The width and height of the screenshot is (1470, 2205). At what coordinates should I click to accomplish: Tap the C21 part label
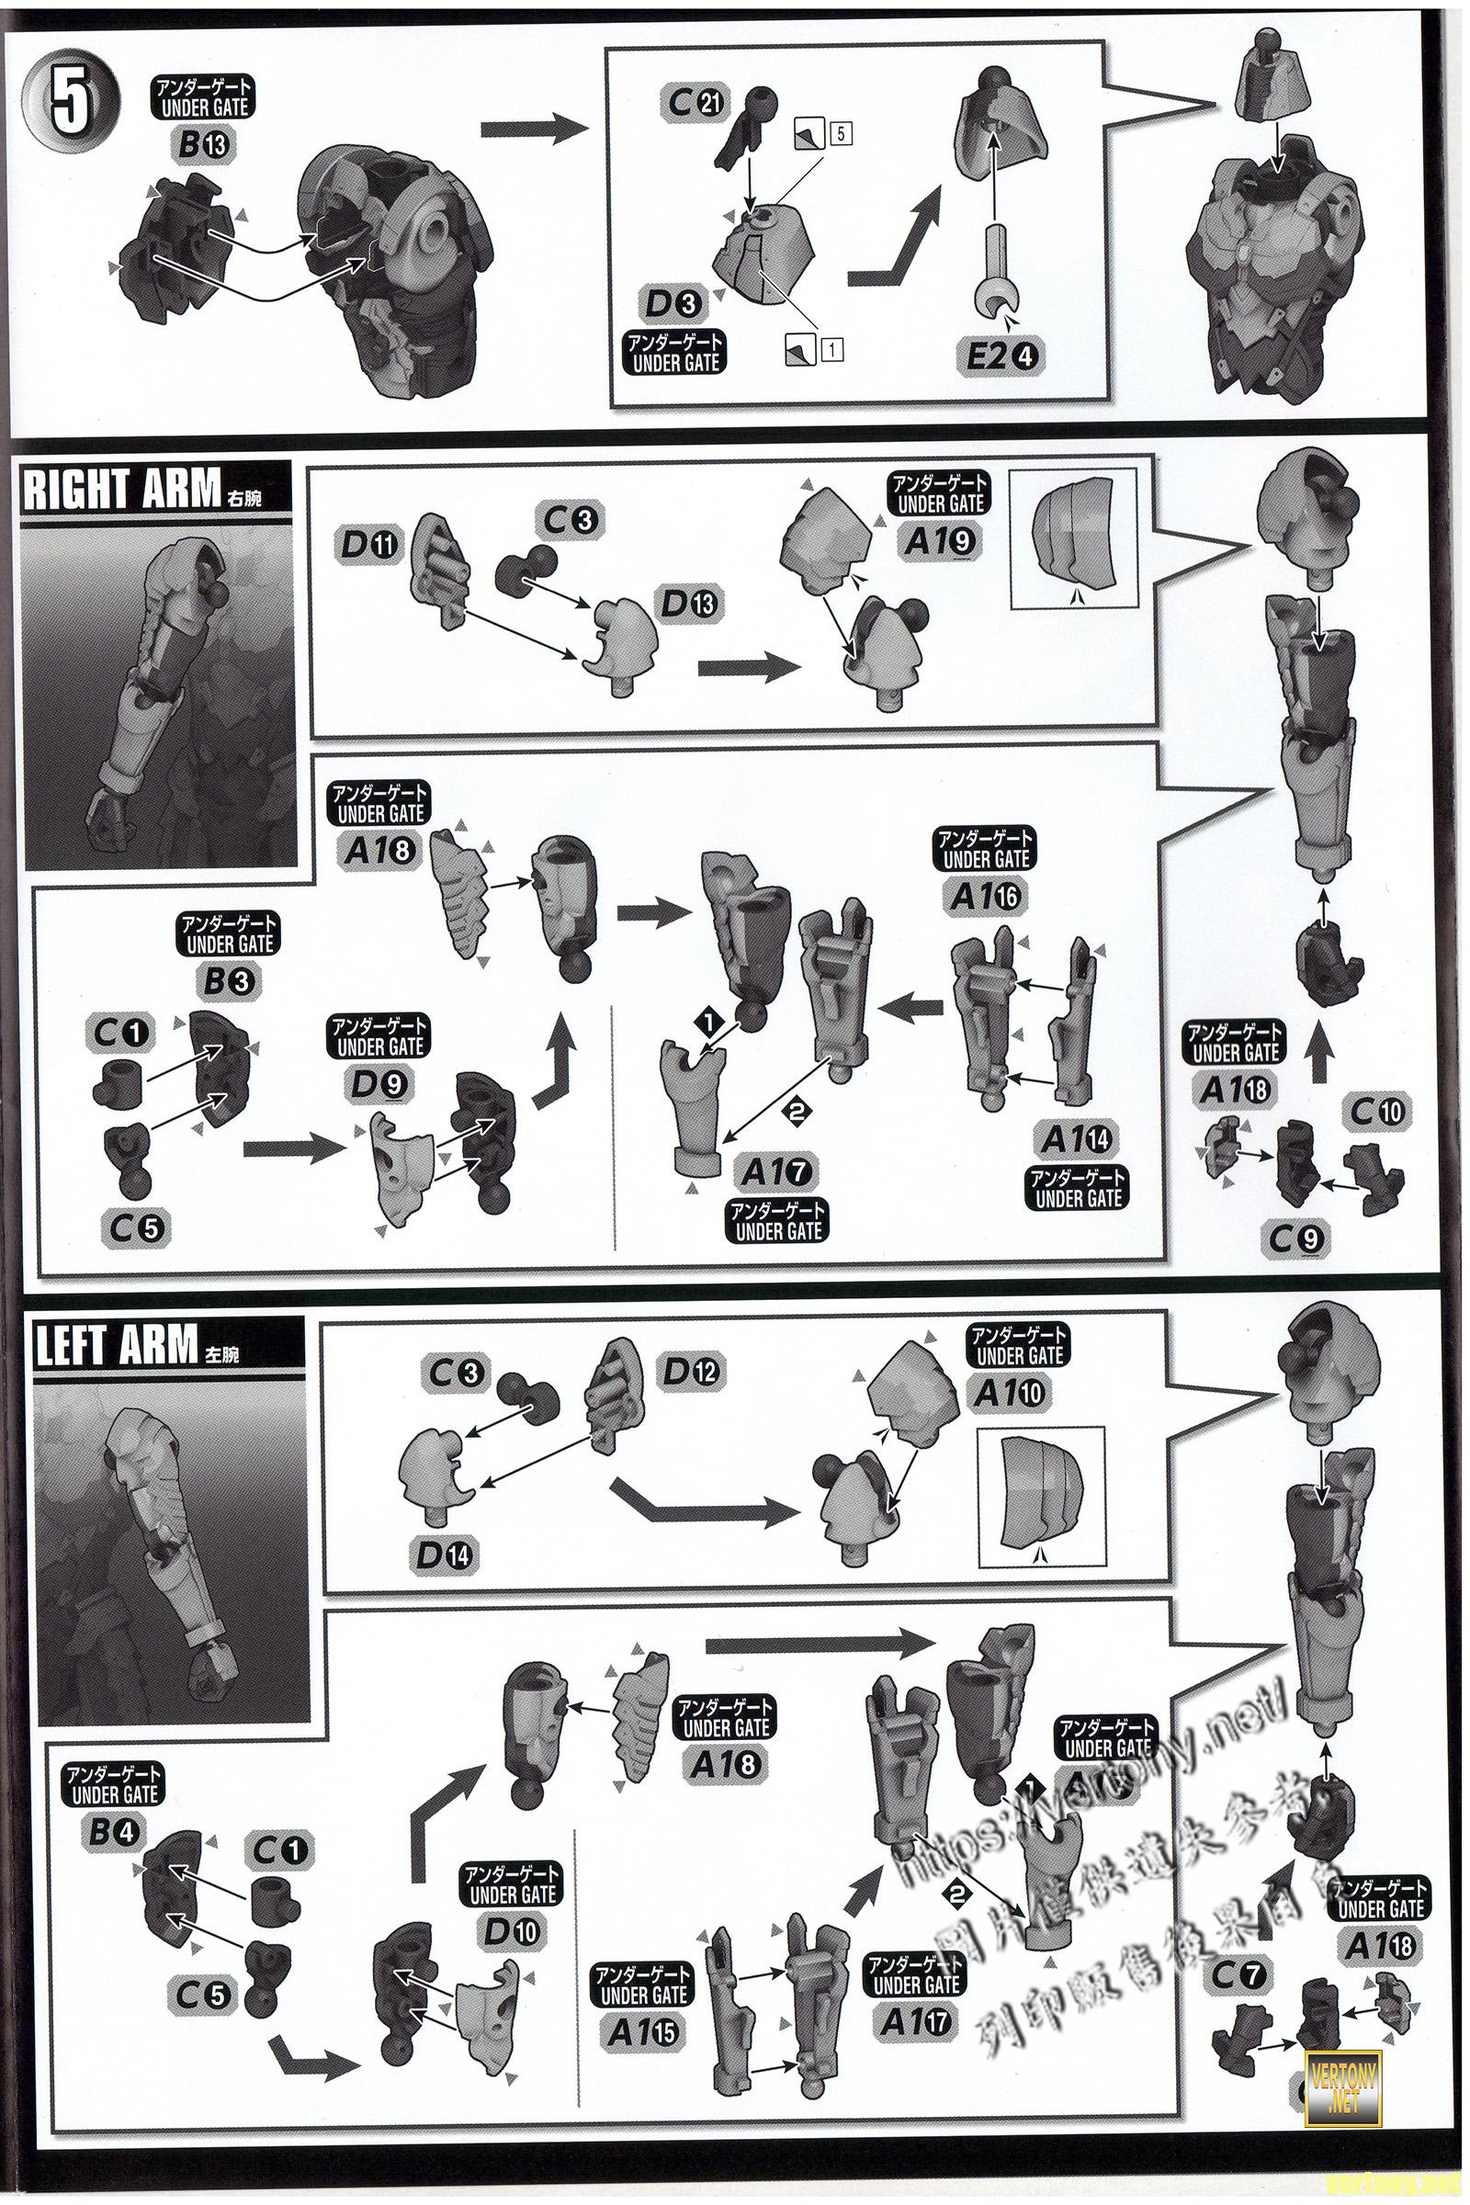coord(695,102)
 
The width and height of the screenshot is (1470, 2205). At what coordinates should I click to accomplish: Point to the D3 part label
coord(673,302)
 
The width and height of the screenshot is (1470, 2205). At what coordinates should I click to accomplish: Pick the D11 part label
coord(371,545)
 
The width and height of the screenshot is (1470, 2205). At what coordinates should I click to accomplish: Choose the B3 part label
coord(228,980)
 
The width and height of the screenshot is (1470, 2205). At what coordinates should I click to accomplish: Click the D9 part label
coord(379,1084)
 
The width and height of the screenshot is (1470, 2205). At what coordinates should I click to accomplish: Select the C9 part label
coord(1295,1239)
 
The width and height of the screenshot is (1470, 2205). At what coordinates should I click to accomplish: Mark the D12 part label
coord(692,1373)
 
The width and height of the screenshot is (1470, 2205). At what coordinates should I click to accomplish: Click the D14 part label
coord(446,1555)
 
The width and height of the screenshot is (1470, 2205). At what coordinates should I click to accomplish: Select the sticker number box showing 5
coord(839,133)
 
